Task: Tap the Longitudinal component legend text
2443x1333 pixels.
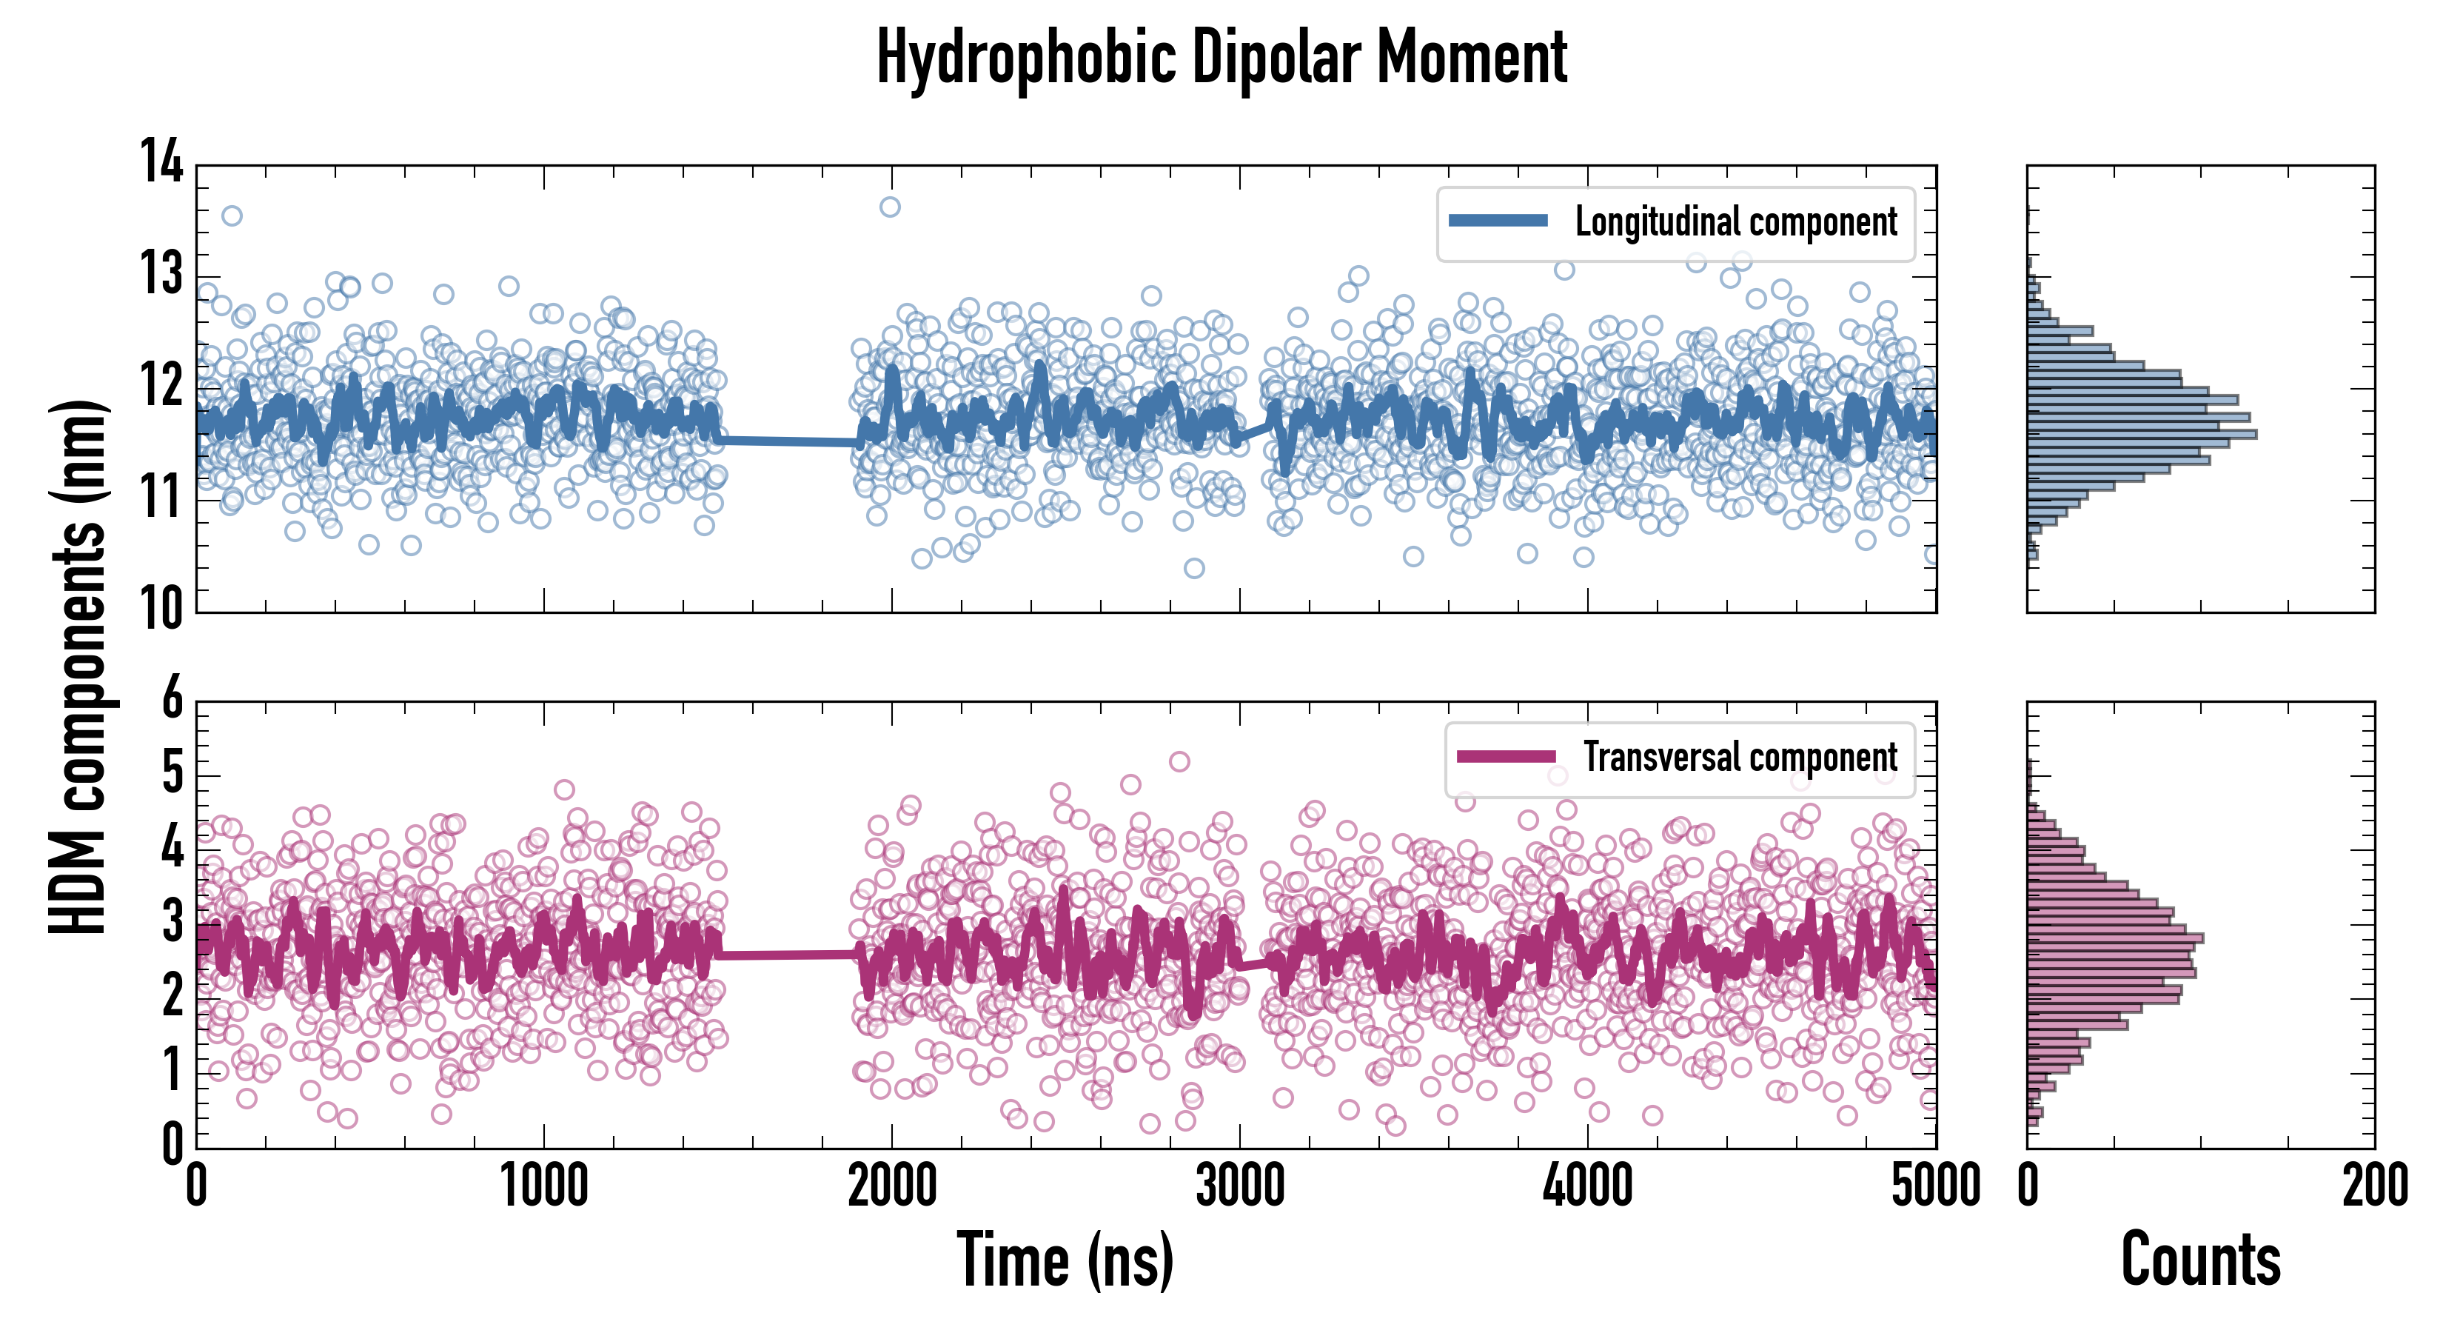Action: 1735,222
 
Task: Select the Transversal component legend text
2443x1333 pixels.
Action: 1740,757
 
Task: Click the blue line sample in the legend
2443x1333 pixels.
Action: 1498,221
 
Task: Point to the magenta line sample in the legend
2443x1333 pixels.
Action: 1506,756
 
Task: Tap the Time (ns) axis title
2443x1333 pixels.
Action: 1065,1260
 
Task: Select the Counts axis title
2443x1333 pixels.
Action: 2200,1260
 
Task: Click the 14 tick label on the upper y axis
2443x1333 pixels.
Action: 161,161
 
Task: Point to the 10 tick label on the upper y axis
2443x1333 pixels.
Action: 161,607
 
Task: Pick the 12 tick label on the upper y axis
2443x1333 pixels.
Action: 161,385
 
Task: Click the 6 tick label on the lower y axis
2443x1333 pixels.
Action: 172,699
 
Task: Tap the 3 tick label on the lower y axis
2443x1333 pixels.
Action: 172,922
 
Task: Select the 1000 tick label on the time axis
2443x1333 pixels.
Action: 543,1186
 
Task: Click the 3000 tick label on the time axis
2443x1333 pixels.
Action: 1239,1186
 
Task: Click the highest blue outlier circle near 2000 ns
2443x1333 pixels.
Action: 890,207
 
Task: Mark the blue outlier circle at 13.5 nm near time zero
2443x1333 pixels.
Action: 232,216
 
